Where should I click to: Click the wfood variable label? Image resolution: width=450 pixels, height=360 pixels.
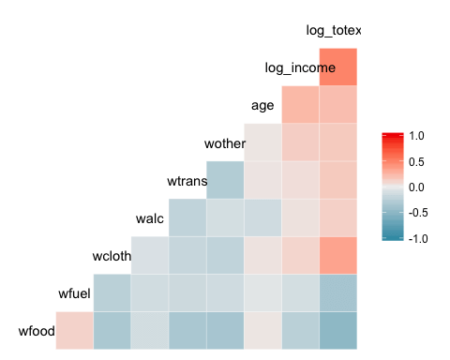point(36,331)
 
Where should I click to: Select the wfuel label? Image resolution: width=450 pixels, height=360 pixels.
point(74,293)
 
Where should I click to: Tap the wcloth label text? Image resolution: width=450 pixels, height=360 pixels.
point(111,256)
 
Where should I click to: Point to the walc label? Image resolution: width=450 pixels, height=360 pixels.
point(150,218)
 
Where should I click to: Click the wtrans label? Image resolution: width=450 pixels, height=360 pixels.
point(186,180)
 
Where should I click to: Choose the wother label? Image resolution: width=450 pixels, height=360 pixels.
point(224,143)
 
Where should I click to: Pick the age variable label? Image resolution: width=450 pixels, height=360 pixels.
point(262,105)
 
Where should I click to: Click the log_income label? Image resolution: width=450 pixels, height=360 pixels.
point(300,67)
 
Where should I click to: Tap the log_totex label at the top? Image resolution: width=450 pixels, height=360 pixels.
point(334,31)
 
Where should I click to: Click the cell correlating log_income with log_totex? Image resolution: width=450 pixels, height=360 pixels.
point(337,67)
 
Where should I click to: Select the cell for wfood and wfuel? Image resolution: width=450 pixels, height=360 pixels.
point(75,330)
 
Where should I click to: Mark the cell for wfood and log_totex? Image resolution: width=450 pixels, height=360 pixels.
point(337,330)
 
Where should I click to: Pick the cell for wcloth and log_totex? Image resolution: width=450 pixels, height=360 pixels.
point(337,255)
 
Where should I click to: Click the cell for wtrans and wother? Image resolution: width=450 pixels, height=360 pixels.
point(225,180)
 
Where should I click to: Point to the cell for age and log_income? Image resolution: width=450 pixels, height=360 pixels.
point(300,105)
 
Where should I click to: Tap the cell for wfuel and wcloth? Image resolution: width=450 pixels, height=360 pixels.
point(112,292)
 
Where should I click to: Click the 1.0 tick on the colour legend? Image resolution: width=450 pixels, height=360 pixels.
point(417,136)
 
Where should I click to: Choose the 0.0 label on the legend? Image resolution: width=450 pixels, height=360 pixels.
point(417,187)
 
